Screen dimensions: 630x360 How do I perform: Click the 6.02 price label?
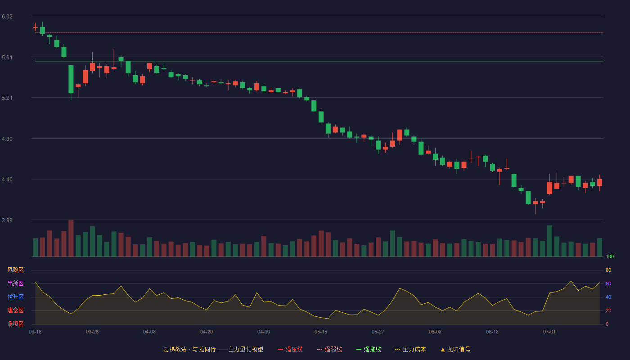click(x=7, y=17)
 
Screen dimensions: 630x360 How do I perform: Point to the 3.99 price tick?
click(x=7, y=220)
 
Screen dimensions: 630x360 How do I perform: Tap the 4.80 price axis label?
click(x=7, y=139)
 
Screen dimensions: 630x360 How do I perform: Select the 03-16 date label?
click(x=35, y=332)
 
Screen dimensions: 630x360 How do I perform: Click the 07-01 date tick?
click(x=549, y=332)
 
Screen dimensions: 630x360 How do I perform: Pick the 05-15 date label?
click(x=321, y=332)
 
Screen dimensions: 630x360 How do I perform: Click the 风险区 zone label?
click(x=15, y=270)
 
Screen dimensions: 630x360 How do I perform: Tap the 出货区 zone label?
click(x=15, y=283)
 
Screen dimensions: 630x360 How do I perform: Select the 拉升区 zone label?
click(x=15, y=297)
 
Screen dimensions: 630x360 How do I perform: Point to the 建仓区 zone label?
click(x=15, y=310)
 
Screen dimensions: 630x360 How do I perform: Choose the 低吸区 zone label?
click(x=15, y=324)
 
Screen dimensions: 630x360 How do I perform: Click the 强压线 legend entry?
click(x=290, y=349)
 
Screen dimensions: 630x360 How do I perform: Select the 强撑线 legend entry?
click(x=369, y=349)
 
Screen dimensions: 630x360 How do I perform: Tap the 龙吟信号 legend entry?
click(x=455, y=349)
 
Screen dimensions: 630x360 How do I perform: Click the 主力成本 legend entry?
click(x=410, y=349)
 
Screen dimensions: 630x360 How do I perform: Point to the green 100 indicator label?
click(x=610, y=256)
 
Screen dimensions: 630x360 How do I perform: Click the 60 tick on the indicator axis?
click(x=608, y=283)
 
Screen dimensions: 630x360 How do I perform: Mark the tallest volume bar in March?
click(x=71, y=238)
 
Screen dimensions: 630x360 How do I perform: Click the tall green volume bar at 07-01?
click(x=549, y=241)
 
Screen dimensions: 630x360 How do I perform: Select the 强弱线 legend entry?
click(x=329, y=349)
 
